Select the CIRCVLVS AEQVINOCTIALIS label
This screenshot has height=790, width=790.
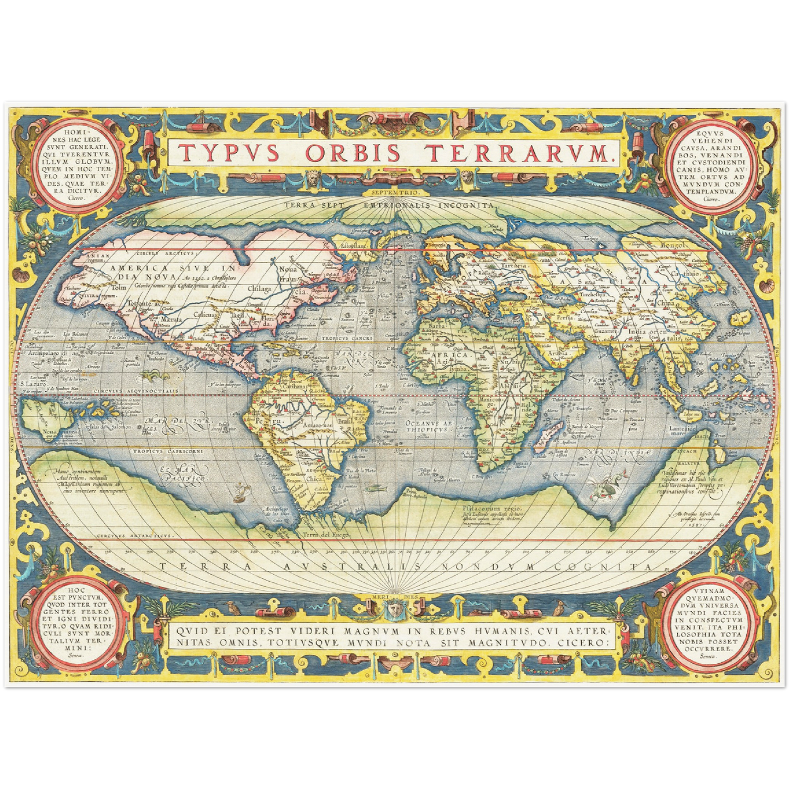pos(136,391)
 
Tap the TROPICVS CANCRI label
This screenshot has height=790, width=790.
pos(343,338)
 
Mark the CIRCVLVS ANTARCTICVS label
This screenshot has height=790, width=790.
pos(134,536)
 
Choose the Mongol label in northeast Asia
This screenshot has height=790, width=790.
pos(673,245)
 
